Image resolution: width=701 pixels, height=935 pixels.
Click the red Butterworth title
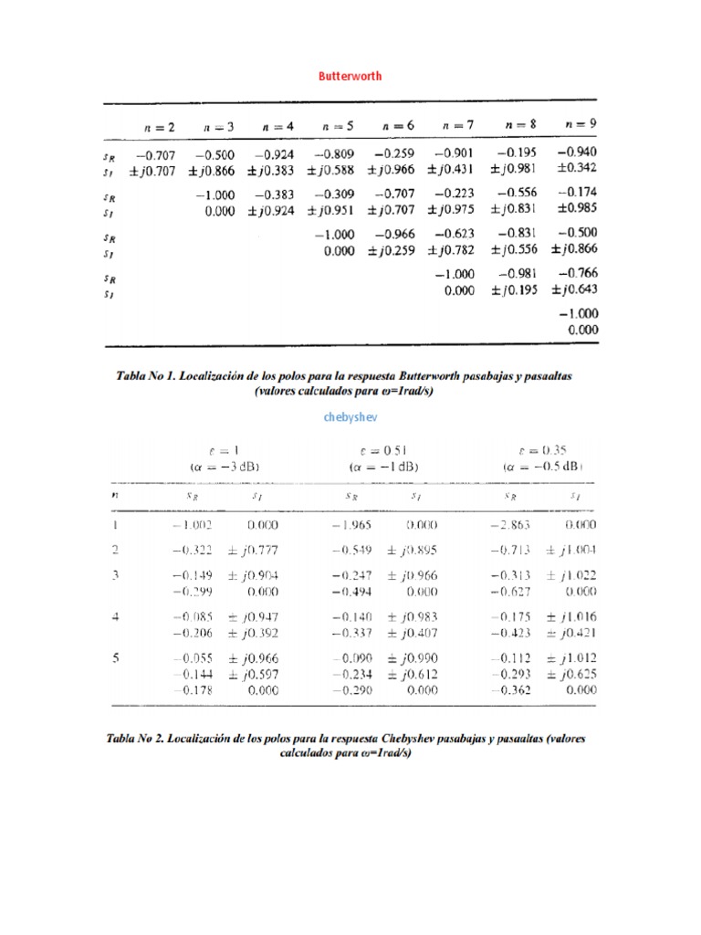pyautogui.click(x=350, y=77)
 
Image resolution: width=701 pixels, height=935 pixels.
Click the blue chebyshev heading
pyautogui.click(x=350, y=416)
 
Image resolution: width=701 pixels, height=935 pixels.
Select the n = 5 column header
pyautogui.click(x=337, y=126)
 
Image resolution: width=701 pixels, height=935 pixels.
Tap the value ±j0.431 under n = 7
pyautogui.click(x=454, y=169)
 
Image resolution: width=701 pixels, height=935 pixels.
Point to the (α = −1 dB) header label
pyautogui.click(x=383, y=465)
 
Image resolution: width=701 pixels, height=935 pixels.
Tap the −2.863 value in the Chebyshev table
pyautogui.click(x=509, y=525)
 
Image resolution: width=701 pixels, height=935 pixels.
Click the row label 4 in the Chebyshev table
pyautogui.click(x=115, y=616)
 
